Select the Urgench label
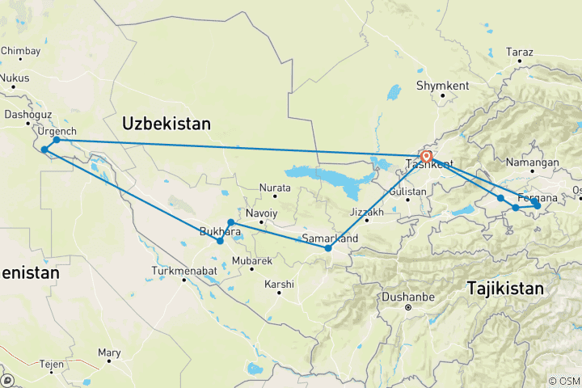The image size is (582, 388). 57,131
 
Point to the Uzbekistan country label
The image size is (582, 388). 166,124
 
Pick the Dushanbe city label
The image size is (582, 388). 408,295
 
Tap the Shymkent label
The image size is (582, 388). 442,85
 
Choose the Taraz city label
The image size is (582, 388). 521,52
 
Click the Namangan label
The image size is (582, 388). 533,162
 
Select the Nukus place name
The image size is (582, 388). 14,78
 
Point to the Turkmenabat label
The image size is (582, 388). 183,271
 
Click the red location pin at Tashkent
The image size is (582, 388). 426,155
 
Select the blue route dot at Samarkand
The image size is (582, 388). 328,248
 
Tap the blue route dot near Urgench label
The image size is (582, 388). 57,140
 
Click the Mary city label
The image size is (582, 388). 108,352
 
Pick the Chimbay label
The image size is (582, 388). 20,51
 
